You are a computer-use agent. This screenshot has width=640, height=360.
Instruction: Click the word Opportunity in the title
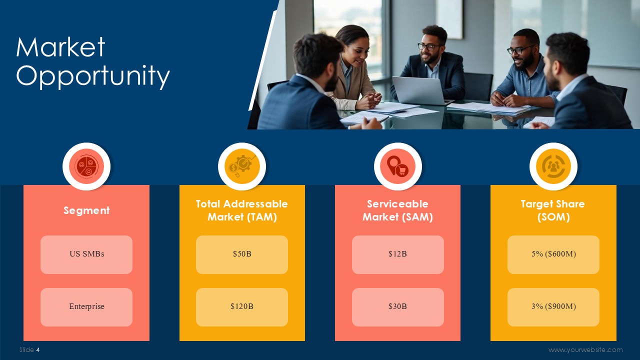[93, 76]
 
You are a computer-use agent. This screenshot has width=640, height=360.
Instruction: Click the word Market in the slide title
[60, 47]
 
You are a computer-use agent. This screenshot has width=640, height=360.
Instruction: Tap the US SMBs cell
[86, 254]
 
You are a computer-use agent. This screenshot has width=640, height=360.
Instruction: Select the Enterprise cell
[86, 307]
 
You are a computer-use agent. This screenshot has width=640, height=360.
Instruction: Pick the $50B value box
[242, 254]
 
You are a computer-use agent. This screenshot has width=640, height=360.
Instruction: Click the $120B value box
[242, 307]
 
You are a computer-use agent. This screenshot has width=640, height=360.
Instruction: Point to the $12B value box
[397, 254]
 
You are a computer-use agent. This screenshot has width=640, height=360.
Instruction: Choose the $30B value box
[397, 307]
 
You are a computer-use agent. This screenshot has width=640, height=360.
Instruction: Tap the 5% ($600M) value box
[553, 254]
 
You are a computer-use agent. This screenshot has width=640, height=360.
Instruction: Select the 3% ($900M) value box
[553, 307]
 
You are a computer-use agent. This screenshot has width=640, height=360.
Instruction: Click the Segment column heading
[86, 210]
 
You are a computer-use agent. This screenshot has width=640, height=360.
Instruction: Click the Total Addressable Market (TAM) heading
[242, 210]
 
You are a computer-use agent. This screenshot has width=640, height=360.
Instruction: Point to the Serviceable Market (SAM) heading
[397, 210]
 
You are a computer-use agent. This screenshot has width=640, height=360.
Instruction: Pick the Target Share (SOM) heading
[553, 210]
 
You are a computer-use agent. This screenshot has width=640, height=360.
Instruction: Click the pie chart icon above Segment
[86, 166]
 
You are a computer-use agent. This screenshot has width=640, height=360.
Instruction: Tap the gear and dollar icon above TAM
[242, 166]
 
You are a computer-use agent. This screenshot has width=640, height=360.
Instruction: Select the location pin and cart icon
[397, 166]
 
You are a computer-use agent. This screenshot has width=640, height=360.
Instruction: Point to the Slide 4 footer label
[29, 349]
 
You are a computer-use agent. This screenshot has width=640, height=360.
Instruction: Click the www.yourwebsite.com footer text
[585, 350]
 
